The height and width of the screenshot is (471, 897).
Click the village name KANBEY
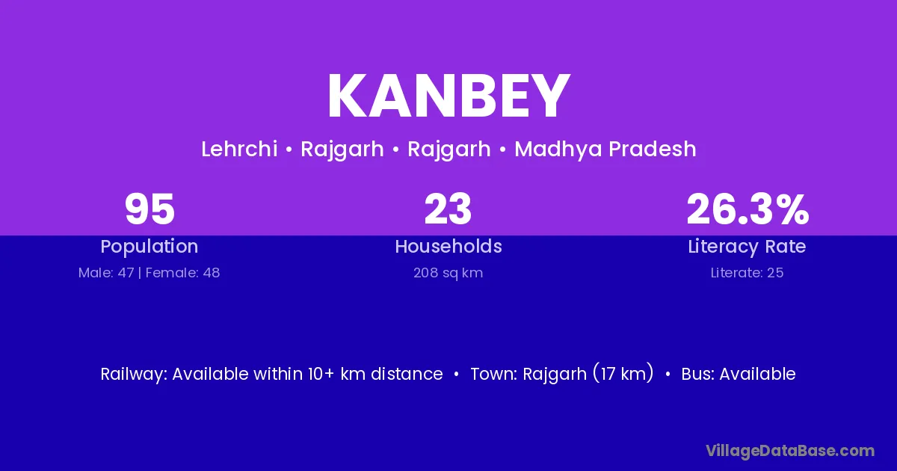click(449, 96)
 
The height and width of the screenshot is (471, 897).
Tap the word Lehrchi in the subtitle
click(239, 149)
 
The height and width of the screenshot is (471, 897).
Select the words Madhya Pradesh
click(605, 149)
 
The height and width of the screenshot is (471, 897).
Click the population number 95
click(149, 209)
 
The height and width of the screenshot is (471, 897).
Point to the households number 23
click(448, 209)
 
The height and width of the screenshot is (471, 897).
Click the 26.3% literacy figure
click(747, 209)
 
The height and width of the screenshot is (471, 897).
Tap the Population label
click(149, 247)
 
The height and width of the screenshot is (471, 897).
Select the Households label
click(449, 246)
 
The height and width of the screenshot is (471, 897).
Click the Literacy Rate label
click(747, 247)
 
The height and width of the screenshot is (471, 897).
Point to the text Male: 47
click(106, 273)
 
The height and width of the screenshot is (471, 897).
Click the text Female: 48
click(182, 273)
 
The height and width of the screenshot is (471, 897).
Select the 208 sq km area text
click(448, 273)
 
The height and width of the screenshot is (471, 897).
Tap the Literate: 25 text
click(747, 273)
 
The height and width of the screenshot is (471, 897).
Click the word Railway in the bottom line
click(134, 374)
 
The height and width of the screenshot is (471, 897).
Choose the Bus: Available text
click(739, 374)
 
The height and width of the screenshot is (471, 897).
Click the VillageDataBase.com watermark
click(790, 451)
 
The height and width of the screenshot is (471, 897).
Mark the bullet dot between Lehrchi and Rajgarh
click(289, 150)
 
